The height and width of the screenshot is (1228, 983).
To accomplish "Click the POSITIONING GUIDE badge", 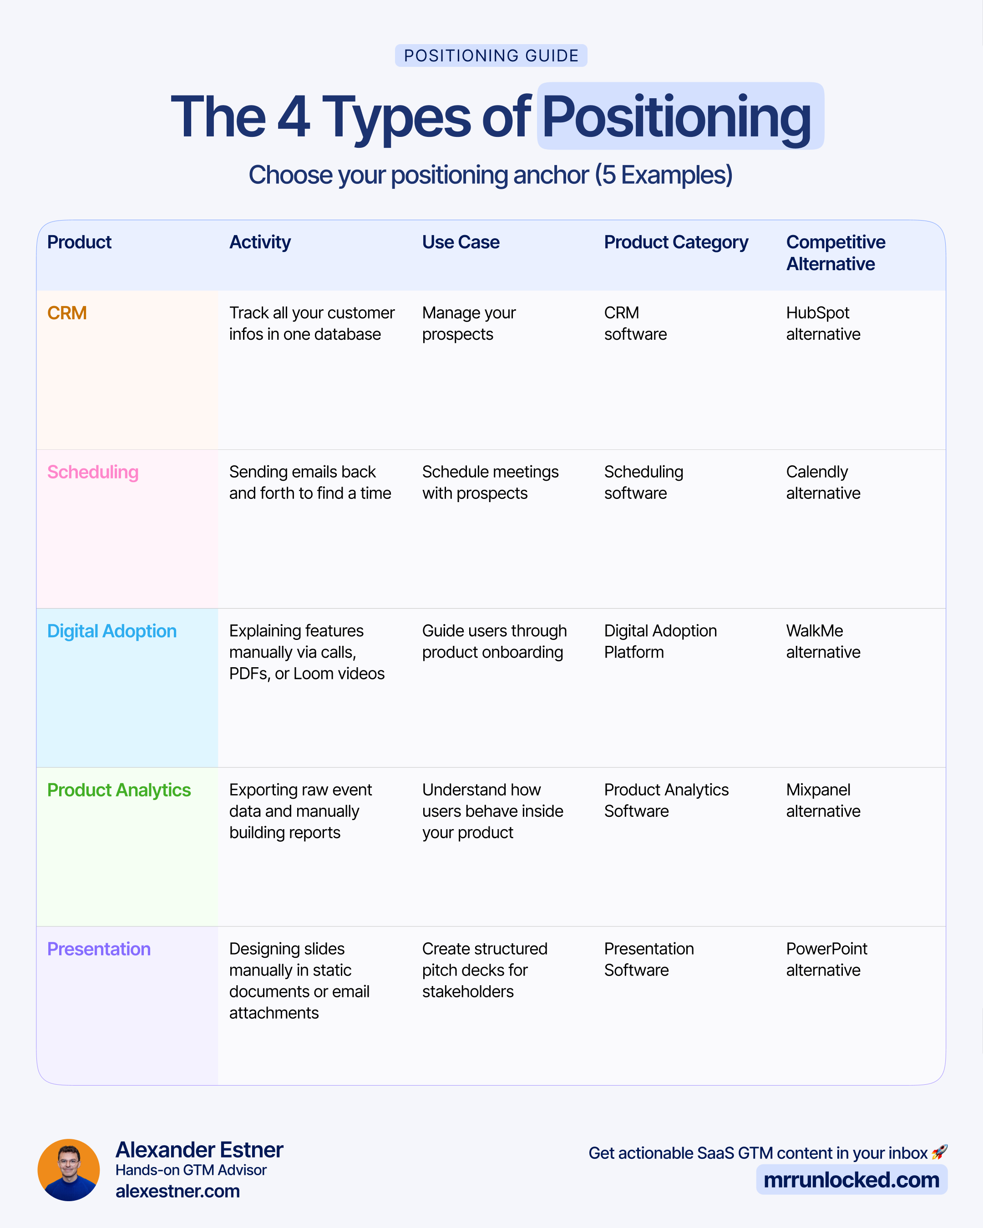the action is point(491,56).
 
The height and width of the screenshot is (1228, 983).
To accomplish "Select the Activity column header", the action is point(260,242).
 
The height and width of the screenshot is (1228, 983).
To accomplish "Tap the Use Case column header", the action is point(461,242).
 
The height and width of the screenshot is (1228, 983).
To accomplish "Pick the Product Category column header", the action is point(676,242).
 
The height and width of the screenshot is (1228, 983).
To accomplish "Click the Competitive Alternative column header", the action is point(836,253).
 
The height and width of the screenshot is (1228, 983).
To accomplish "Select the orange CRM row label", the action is point(67,313).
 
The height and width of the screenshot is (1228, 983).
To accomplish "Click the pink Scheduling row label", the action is point(93,472).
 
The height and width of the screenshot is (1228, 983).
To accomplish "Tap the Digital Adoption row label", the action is point(111,631).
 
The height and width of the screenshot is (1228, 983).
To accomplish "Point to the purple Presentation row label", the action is point(99,949).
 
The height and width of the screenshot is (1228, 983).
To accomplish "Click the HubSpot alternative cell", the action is point(823,323).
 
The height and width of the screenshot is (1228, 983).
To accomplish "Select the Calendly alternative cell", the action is point(823,483).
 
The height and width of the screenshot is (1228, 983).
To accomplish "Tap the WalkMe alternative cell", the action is point(823,641).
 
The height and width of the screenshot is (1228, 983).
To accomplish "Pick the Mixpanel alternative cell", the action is point(823,800).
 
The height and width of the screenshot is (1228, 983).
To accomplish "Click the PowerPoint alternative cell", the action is point(826,959).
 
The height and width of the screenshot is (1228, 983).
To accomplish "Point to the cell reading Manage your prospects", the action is point(468,323).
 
